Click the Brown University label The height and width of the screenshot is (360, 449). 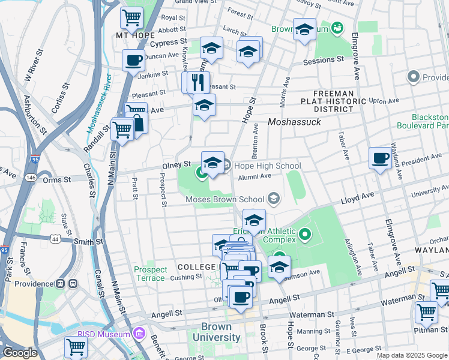[216, 332]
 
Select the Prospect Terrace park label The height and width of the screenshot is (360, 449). [150, 274]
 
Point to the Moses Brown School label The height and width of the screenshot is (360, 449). [224, 199]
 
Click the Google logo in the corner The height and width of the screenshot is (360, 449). [20, 353]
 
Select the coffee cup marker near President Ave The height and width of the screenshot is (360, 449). [379, 158]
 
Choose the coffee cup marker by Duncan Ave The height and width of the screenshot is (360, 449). [133, 60]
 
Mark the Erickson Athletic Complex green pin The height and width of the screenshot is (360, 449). [305, 234]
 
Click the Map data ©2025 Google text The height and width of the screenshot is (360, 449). [412, 355]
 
